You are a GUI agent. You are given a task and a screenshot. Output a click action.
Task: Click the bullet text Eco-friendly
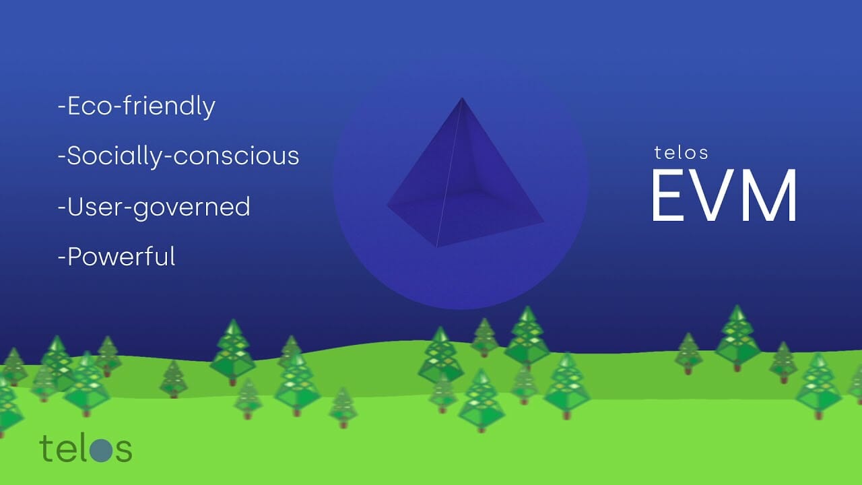tap(137, 106)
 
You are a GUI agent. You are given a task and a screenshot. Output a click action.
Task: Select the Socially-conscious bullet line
tap(178, 156)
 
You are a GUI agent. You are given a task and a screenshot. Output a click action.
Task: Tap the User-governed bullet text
tap(154, 207)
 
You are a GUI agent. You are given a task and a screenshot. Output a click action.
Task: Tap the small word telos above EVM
tap(681, 153)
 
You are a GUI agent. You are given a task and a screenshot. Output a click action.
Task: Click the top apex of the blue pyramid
tap(462, 98)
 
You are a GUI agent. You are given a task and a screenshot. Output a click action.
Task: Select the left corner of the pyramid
tap(387, 205)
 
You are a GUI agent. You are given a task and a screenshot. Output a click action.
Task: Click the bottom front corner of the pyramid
tap(437, 247)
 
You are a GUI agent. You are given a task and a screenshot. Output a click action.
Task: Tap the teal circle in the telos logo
tap(102, 449)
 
